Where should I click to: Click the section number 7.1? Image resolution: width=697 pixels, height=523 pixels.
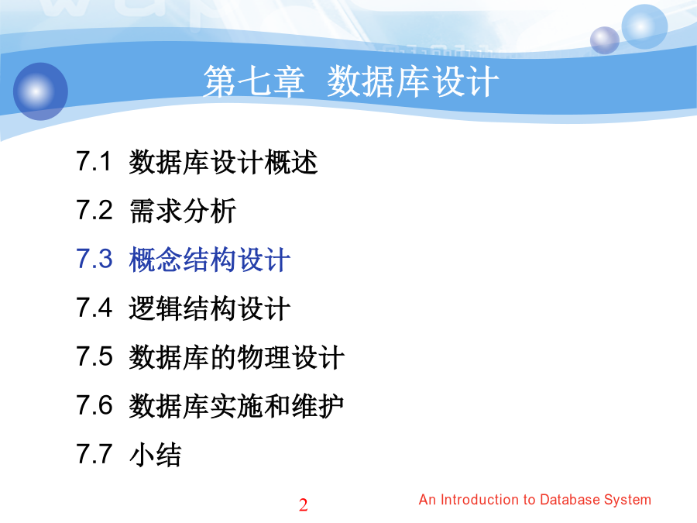(x=94, y=161)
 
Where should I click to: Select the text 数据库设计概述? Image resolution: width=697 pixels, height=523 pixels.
(x=223, y=162)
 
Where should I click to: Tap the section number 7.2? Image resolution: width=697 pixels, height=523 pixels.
(x=94, y=210)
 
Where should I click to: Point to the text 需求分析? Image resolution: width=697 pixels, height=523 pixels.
(x=183, y=211)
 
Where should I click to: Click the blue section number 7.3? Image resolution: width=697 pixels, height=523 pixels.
(x=94, y=259)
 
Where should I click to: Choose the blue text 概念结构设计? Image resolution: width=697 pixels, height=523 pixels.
(x=210, y=260)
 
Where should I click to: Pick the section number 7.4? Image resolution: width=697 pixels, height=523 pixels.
(x=94, y=308)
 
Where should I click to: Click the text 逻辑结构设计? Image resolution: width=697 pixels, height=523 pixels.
(x=210, y=308)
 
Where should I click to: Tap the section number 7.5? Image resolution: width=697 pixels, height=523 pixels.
(x=94, y=356)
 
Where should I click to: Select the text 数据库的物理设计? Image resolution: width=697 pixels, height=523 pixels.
(x=237, y=357)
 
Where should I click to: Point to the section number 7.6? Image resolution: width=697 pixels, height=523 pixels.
(x=94, y=405)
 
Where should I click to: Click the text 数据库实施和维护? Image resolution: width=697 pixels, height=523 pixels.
(x=236, y=407)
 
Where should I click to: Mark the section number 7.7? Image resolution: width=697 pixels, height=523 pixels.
(x=94, y=455)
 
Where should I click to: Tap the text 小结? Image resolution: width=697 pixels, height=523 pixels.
(x=155, y=456)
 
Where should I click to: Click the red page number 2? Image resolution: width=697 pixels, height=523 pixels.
(x=303, y=504)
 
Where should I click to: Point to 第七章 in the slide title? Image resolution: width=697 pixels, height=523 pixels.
(x=254, y=82)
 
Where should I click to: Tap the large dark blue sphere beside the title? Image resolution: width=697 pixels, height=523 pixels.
(x=40, y=91)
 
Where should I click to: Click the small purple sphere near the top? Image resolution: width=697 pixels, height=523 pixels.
(x=605, y=40)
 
